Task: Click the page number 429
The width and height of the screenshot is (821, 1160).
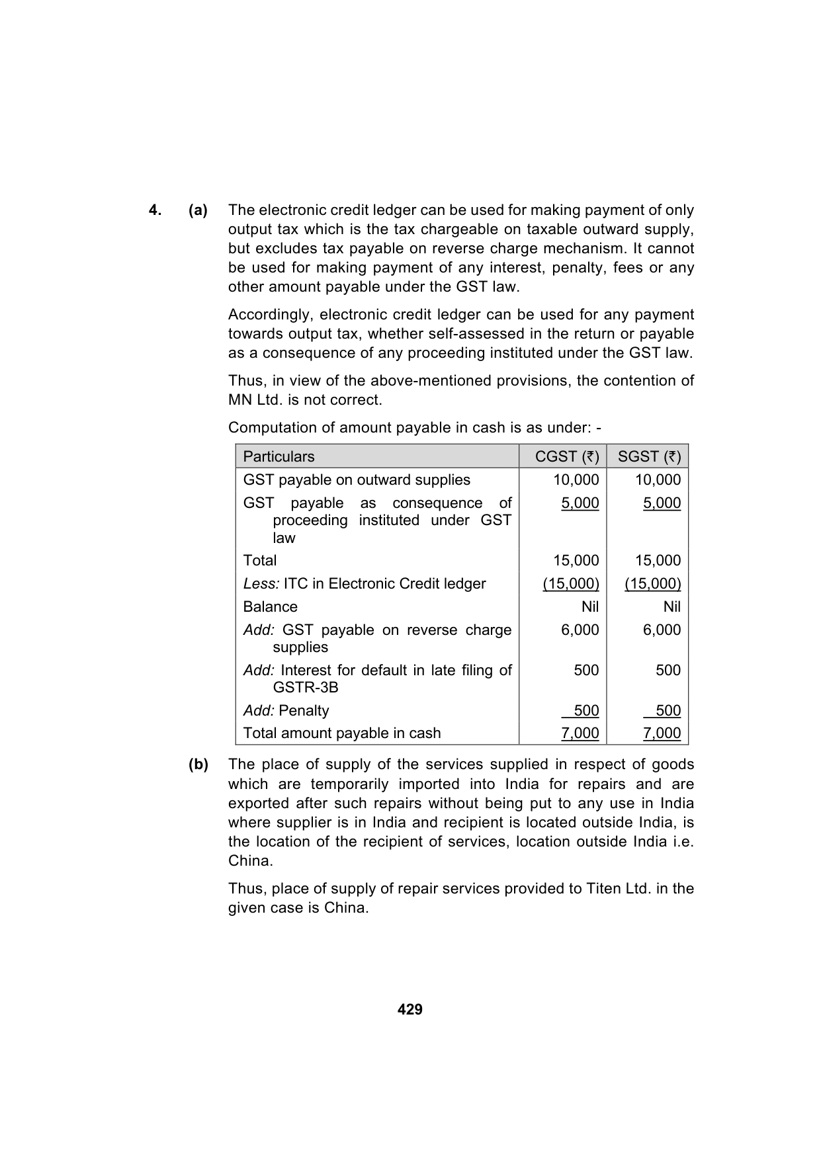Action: [x=410, y=1009]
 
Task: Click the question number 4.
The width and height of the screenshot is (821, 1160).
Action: [x=155, y=210]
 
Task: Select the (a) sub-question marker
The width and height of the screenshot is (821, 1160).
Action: [x=198, y=210]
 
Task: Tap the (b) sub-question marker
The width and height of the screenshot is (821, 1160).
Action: [x=198, y=765]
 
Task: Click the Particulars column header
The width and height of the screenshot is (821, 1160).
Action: [x=279, y=456]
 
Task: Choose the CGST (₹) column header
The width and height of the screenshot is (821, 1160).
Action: [x=567, y=456]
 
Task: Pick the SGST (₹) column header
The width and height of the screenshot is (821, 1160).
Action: [x=648, y=456]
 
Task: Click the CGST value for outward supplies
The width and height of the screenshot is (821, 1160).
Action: [x=576, y=479]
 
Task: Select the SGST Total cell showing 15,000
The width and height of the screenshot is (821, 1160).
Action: [x=658, y=560]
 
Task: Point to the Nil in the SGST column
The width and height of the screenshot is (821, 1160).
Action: [x=671, y=606]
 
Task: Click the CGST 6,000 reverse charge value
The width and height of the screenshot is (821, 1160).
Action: [x=580, y=630]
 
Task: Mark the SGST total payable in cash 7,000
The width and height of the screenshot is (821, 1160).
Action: [x=662, y=733]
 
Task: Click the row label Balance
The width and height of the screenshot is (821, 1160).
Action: [x=270, y=606]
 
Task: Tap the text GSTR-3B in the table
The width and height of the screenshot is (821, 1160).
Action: [x=305, y=687]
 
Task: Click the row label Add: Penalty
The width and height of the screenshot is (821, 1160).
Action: [x=286, y=710]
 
